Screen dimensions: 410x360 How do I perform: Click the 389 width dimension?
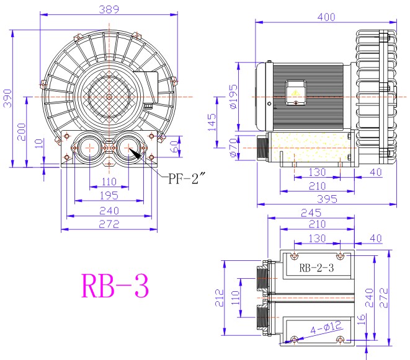109,9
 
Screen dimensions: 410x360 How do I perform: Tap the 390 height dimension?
7,99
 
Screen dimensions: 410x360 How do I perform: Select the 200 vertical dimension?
22,132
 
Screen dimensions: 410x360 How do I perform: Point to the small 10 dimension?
38,143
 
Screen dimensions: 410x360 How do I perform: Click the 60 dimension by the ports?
175,146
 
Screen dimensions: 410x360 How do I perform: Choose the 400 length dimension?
326,17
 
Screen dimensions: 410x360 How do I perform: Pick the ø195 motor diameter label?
233,97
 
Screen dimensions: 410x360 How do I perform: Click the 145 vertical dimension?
212,122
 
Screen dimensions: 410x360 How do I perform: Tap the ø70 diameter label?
233,148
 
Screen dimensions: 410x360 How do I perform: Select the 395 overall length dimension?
327,200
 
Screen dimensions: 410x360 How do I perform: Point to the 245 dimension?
311,213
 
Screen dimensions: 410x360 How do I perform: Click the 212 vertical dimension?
220,298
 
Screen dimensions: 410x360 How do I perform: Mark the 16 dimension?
361,319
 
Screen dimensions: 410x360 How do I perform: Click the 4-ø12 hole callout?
326,327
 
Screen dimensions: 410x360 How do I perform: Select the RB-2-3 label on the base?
316,268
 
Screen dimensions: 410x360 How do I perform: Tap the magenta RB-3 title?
115,286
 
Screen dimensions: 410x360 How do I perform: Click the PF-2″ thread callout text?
185,178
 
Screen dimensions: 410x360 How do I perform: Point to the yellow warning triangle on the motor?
295,93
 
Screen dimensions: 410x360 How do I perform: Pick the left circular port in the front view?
90,148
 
